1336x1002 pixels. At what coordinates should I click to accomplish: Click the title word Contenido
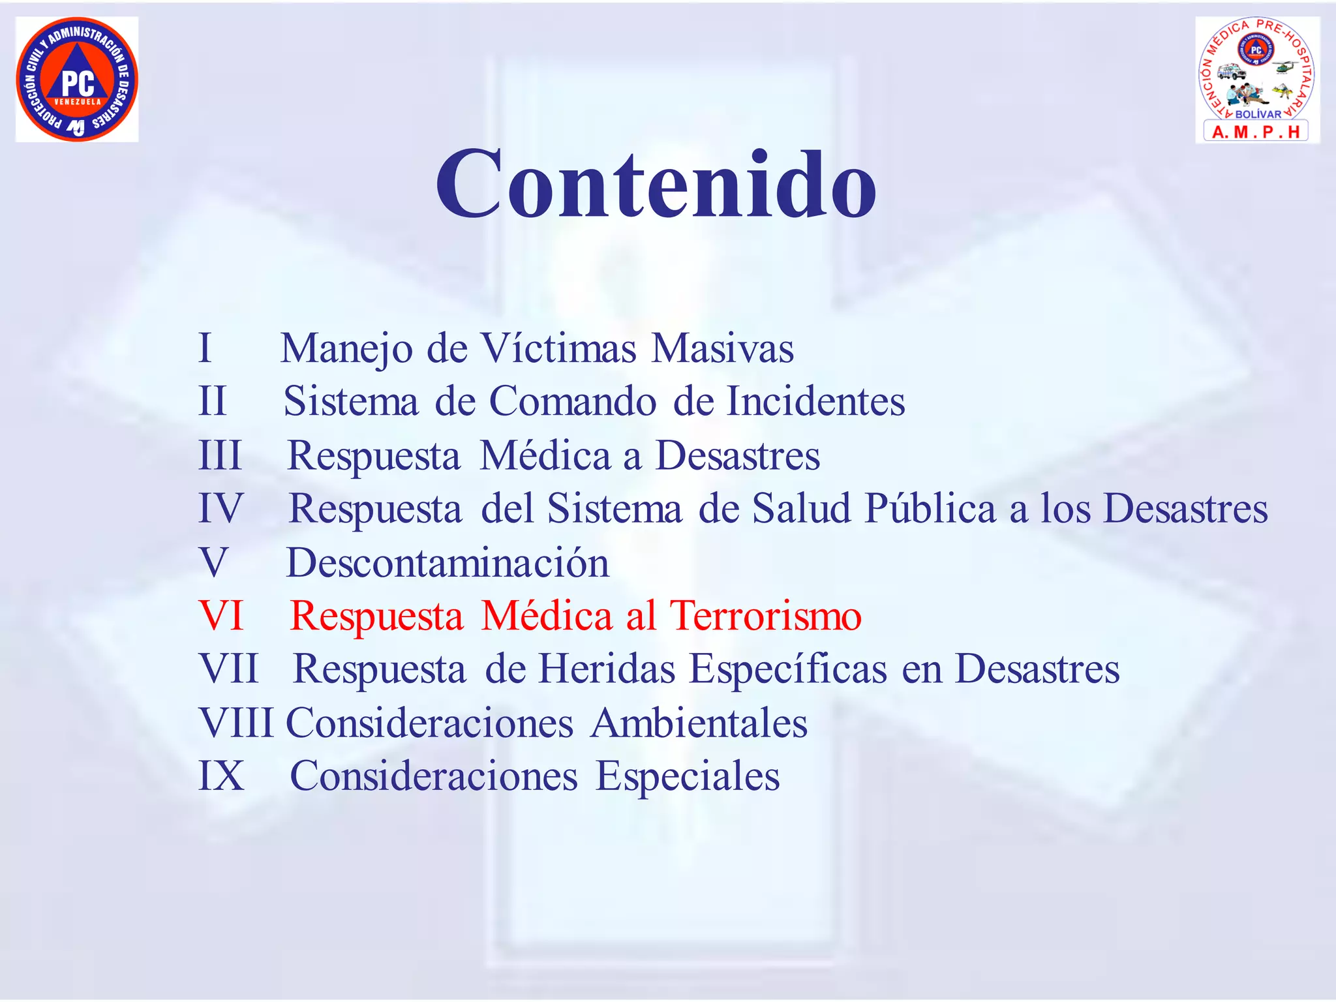point(656,185)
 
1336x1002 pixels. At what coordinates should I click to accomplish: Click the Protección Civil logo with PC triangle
point(77,79)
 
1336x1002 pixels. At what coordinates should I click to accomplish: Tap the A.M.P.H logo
point(1257,79)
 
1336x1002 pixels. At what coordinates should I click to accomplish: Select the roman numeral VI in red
point(221,615)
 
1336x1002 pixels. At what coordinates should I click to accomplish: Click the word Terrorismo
point(766,615)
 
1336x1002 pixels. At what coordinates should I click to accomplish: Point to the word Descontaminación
point(448,562)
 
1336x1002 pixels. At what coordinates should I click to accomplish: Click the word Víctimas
point(558,348)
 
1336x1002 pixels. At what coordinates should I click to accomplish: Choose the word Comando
point(573,401)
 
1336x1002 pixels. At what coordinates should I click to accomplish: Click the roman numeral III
point(220,455)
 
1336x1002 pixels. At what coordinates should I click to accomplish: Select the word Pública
point(930,508)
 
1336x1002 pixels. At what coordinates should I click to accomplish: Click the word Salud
point(801,508)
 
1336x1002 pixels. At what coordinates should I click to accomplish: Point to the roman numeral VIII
point(236,723)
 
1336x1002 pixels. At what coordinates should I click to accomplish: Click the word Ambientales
point(699,723)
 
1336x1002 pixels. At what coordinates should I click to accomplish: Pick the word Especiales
point(688,776)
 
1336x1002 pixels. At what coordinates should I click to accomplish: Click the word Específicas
point(788,669)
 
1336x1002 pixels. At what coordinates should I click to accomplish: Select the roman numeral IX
point(221,776)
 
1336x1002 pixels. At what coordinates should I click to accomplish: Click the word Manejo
point(346,349)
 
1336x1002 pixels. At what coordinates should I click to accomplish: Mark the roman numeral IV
point(220,508)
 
